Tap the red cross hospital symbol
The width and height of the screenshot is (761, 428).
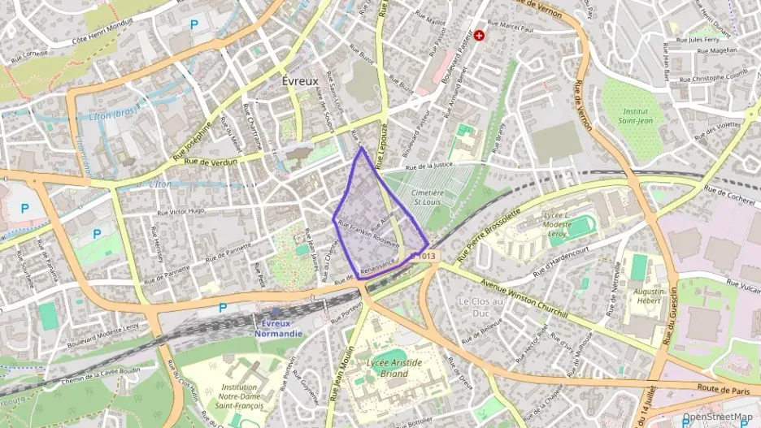480,35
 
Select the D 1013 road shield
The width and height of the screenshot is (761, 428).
424,256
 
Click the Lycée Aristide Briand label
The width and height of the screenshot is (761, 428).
394,368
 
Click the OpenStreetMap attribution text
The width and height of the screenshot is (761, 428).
717,417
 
